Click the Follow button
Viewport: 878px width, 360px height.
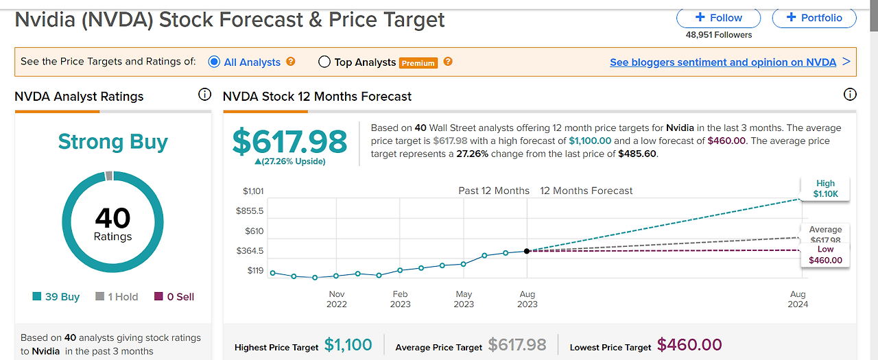pos(718,18)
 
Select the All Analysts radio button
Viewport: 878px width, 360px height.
pos(214,62)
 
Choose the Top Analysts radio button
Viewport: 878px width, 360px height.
pos(324,62)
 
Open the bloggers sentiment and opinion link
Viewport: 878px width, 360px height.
pos(722,62)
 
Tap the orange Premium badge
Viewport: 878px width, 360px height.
pos(418,63)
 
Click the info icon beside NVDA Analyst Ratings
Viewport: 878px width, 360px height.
pos(204,95)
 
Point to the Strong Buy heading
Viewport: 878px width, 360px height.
pos(112,142)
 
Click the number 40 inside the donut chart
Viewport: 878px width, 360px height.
pos(112,218)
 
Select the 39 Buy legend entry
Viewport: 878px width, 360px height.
pos(56,297)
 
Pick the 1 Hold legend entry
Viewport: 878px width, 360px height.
pos(117,297)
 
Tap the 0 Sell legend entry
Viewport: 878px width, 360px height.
pos(174,297)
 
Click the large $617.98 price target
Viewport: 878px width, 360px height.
pos(289,141)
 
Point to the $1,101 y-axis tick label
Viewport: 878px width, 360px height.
pos(253,191)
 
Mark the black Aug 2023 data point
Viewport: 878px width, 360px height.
pos(527,251)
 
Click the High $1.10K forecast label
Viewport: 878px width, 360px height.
pos(825,189)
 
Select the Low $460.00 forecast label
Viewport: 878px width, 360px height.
pos(825,255)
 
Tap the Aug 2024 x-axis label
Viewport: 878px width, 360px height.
pos(798,299)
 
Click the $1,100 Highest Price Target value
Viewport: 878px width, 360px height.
pos(348,345)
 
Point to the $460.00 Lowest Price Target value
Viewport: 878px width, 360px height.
pos(689,345)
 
